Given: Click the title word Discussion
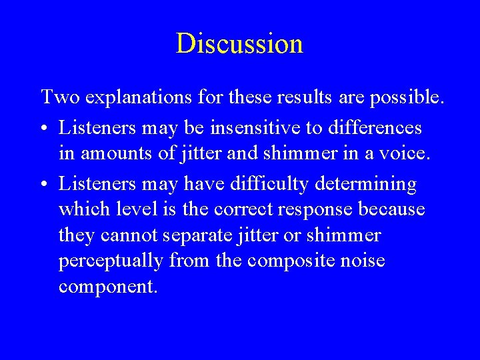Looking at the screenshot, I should click(239, 43).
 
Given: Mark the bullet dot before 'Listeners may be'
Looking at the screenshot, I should click(45, 127).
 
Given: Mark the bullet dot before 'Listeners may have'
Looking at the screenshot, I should click(45, 183).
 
